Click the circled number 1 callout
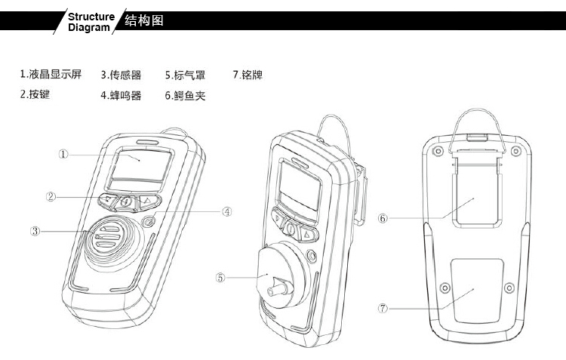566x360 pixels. (64, 154)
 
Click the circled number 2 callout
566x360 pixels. (51, 197)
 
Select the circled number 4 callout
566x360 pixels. (226, 212)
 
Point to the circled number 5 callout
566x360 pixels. (221, 277)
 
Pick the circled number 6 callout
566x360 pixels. (383, 218)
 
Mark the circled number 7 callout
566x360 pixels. (383, 308)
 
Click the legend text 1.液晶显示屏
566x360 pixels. (51, 75)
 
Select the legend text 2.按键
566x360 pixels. (35, 95)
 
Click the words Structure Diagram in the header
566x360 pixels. (91, 22)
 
